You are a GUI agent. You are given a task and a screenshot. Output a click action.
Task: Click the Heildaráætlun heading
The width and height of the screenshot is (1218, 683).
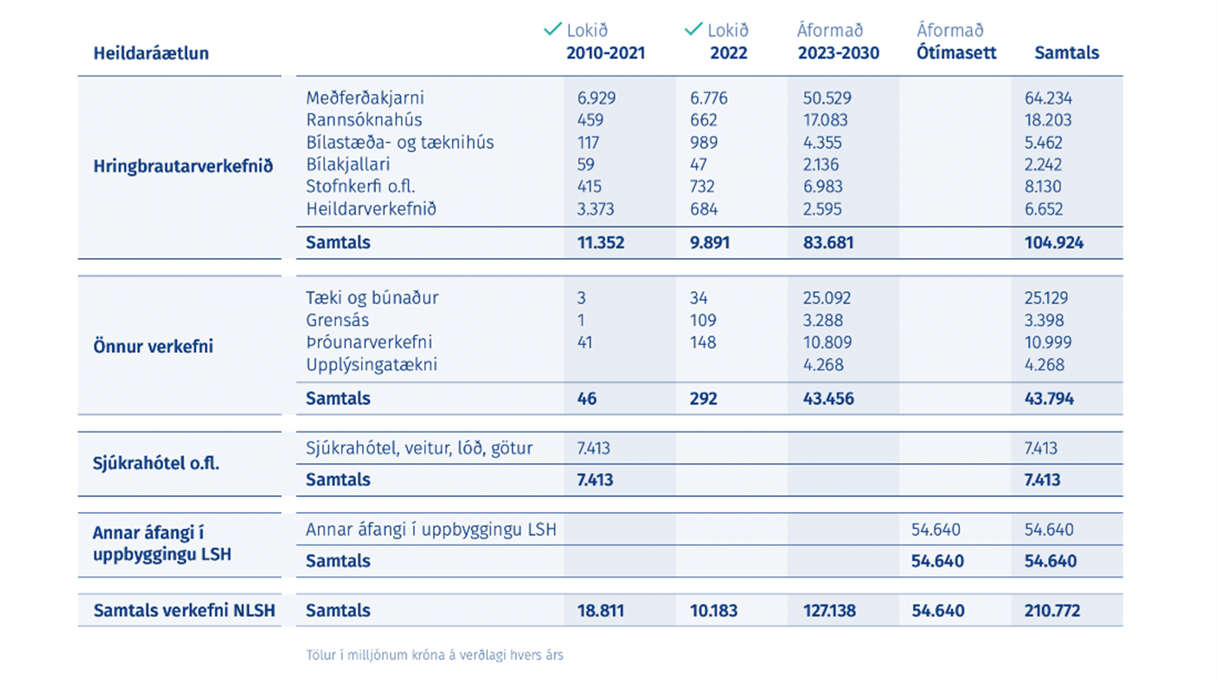(151, 53)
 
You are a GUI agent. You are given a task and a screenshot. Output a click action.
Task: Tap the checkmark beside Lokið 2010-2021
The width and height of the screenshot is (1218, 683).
(553, 29)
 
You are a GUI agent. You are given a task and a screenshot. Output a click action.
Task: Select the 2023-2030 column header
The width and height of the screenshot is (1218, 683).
(839, 53)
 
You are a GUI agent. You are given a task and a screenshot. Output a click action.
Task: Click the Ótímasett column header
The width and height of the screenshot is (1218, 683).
(957, 53)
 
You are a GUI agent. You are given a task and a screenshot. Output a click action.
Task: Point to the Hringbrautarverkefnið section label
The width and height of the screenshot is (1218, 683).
(183, 166)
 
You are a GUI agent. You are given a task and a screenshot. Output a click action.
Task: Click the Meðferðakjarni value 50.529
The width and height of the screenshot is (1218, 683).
(827, 98)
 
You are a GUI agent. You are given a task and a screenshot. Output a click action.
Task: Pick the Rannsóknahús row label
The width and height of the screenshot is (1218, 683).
(363, 120)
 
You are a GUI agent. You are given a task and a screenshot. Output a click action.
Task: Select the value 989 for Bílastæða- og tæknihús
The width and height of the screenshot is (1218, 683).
(704, 143)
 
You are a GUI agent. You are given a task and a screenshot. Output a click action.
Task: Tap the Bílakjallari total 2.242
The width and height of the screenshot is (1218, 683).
(1043, 164)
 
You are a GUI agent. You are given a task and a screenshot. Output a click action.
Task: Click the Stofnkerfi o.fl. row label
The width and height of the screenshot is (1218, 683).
(361, 187)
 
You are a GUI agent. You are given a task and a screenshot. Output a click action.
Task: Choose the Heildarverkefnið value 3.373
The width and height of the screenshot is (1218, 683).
(596, 209)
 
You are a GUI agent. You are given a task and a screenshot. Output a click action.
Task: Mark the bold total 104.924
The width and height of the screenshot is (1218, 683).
(1054, 242)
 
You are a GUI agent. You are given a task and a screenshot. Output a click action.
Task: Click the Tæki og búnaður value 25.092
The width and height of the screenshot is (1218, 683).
(827, 298)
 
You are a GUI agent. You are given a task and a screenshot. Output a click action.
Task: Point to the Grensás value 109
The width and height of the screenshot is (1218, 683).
(703, 320)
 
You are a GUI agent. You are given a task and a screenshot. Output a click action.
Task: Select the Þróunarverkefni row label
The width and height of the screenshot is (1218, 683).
(369, 342)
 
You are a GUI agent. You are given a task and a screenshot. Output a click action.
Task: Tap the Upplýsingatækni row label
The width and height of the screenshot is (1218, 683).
(372, 365)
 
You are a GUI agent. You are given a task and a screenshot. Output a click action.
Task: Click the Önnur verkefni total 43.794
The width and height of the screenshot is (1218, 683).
(1049, 398)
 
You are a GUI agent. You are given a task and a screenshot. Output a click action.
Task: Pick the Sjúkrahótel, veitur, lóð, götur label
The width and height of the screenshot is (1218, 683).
(419, 448)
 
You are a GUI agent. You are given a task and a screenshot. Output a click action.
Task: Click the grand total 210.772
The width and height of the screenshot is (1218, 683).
(1052, 611)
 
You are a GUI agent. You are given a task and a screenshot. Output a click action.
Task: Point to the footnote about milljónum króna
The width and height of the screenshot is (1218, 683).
(435, 656)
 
